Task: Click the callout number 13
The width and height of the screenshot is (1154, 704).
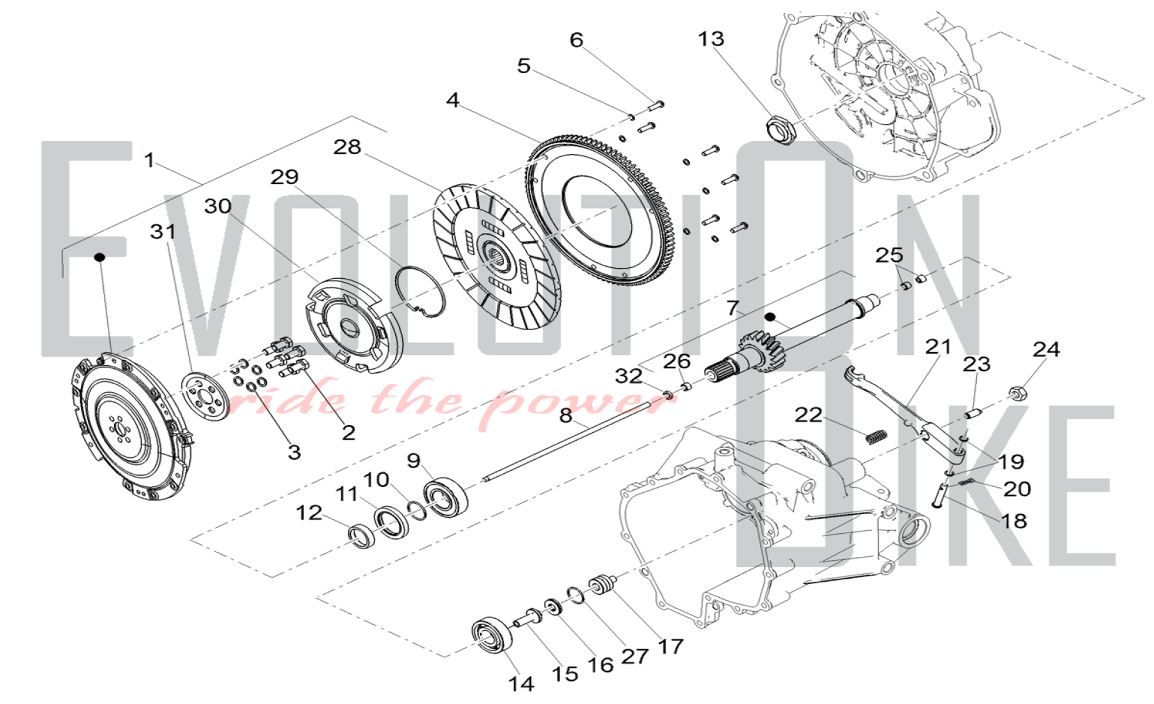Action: [x=710, y=39]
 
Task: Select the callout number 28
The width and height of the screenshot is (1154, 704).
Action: [x=347, y=147]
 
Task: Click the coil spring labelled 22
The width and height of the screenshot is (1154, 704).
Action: [x=876, y=437]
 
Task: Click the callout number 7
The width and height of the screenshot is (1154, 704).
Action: [x=732, y=308]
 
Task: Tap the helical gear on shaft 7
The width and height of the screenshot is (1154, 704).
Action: [x=755, y=350]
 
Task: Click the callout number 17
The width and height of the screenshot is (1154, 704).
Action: [x=670, y=646]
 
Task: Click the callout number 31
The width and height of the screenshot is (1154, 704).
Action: [x=163, y=232]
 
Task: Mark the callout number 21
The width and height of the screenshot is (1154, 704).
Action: [x=938, y=347]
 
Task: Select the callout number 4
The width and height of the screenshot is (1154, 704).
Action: [x=452, y=100]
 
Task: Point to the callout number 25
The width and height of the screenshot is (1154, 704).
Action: [x=889, y=255]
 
